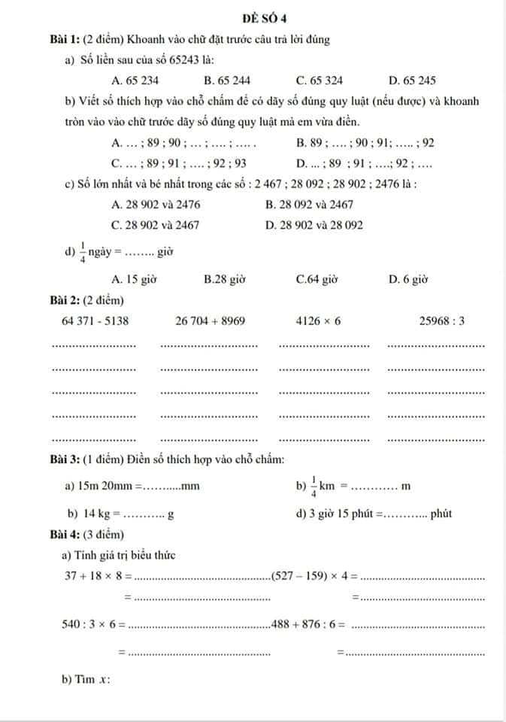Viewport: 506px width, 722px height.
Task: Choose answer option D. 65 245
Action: coord(412,80)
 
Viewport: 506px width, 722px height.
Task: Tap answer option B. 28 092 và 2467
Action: coord(310,204)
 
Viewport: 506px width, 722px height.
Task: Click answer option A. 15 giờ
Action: coord(133,279)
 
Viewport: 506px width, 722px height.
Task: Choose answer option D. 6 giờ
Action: coord(408,279)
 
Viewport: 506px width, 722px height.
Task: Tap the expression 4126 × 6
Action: coord(318,321)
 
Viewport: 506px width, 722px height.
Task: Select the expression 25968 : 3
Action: coord(442,321)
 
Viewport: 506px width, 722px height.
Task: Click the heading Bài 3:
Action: coord(65,460)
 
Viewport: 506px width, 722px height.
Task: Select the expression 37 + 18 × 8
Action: coord(98,577)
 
